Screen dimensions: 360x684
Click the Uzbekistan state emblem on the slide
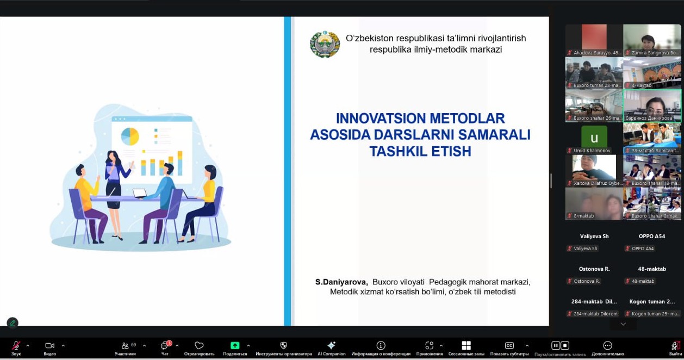[x=325, y=44]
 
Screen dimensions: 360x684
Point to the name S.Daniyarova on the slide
[x=341, y=282]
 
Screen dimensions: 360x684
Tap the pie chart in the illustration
[x=130, y=136]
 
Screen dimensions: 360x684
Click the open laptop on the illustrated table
[x=140, y=193]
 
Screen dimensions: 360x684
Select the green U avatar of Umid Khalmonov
[x=594, y=138]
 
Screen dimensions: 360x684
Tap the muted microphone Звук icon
[x=16, y=346]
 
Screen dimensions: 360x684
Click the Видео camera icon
[x=49, y=346]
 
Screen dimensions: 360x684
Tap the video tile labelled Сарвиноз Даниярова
[x=652, y=105]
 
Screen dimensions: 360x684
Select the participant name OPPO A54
[x=652, y=237]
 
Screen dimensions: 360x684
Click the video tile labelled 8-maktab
[x=594, y=203]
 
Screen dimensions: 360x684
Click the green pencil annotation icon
[x=13, y=323]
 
